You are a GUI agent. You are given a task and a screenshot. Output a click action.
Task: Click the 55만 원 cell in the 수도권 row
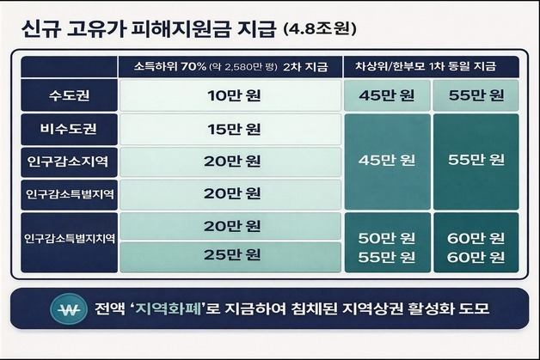click(x=476, y=95)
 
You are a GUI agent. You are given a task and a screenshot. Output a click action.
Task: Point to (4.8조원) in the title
click(x=319, y=31)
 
